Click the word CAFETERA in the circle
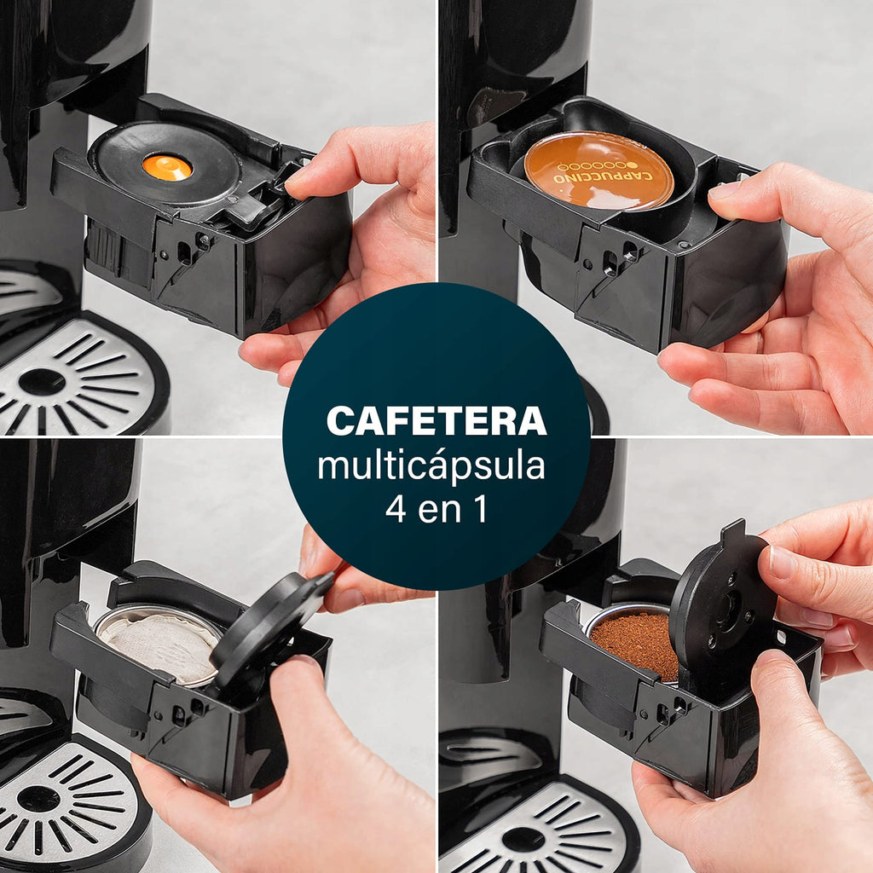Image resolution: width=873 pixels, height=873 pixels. pyautogui.click(x=436, y=421)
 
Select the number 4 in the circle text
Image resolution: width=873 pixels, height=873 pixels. pyautogui.click(x=396, y=509)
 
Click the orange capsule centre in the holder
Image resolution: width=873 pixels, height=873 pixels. pyautogui.click(x=167, y=167)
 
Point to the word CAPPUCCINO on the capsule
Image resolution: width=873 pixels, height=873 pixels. pyautogui.click(x=603, y=177)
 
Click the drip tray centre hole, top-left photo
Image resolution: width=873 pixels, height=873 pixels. pyautogui.click(x=42, y=382)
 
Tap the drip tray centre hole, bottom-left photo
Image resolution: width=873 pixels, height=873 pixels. pyautogui.click(x=38, y=799)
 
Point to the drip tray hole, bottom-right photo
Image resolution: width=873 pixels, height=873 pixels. pyautogui.click(x=523, y=839)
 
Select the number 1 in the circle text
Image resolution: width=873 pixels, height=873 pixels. pyautogui.click(x=481, y=509)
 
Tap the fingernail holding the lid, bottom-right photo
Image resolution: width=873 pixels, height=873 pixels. pyautogui.click(x=781, y=563)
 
